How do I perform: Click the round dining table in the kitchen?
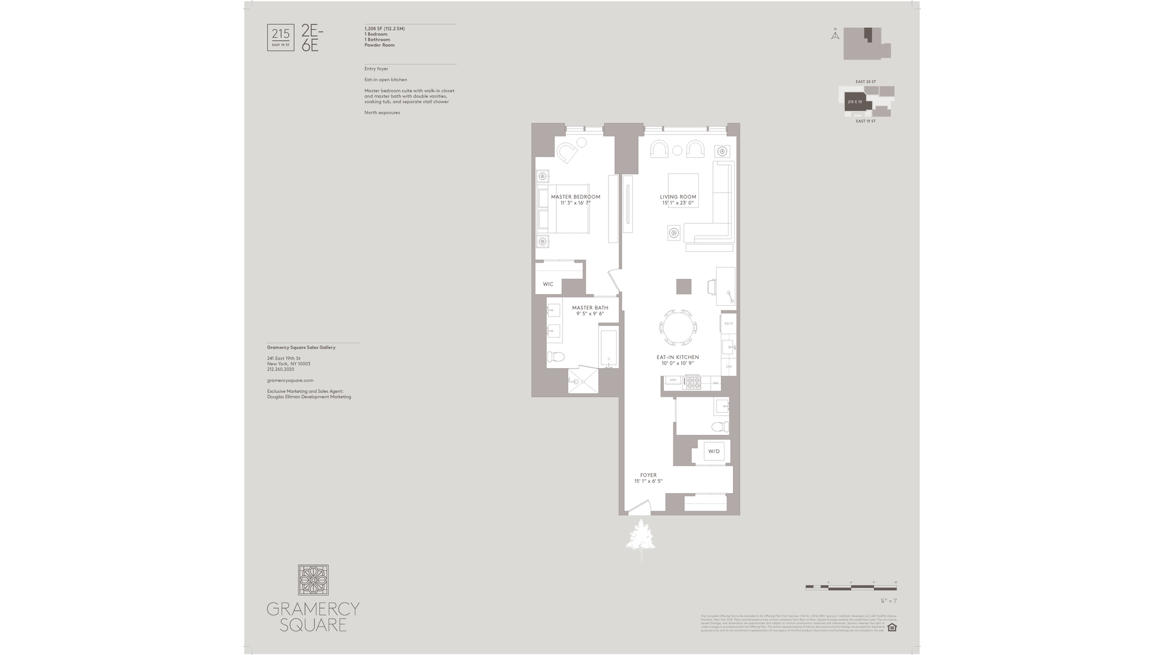pyautogui.click(x=678, y=328)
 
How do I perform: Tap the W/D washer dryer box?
pyautogui.click(x=714, y=451)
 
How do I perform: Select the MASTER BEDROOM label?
pyautogui.click(x=575, y=197)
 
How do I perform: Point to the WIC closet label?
pyautogui.click(x=548, y=284)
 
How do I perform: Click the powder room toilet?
pyautogui.click(x=720, y=426)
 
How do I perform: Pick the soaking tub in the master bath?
pyautogui.click(x=609, y=348)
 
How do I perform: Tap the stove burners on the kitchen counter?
pyautogui.click(x=692, y=382)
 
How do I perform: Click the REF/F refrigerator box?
pyautogui.click(x=728, y=324)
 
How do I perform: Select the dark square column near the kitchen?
pyautogui.click(x=684, y=286)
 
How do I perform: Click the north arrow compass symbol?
pyautogui.click(x=835, y=35)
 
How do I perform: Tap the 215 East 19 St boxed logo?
pyautogui.click(x=281, y=37)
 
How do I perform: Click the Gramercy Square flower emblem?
pyautogui.click(x=313, y=580)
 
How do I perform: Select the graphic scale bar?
pyautogui.click(x=851, y=587)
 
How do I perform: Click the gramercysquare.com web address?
pyautogui.click(x=290, y=380)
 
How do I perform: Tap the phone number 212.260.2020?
pyautogui.click(x=280, y=369)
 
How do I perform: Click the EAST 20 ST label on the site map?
pyautogui.click(x=865, y=82)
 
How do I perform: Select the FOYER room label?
pyautogui.click(x=648, y=475)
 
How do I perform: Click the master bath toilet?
pyautogui.click(x=556, y=357)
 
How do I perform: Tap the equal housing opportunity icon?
pyautogui.click(x=892, y=627)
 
